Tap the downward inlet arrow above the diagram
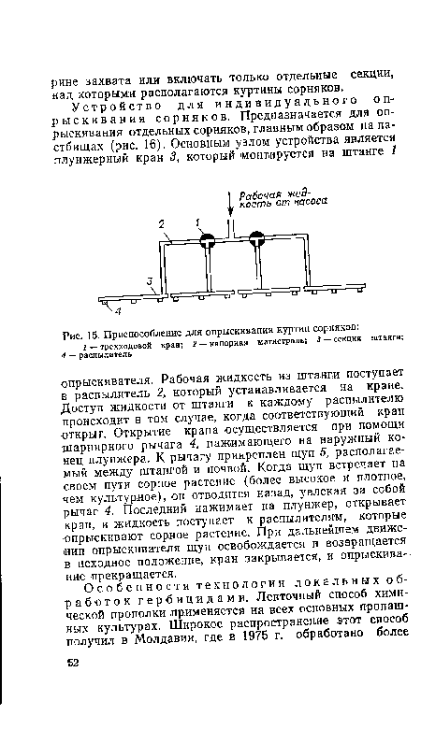[x=230, y=204]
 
